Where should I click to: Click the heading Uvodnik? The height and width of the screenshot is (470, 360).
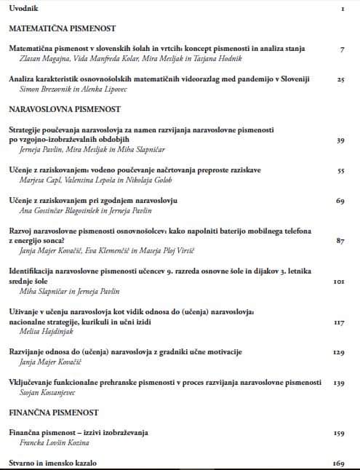click(x=24, y=8)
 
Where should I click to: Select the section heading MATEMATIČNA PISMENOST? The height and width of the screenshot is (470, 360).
click(x=63, y=31)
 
